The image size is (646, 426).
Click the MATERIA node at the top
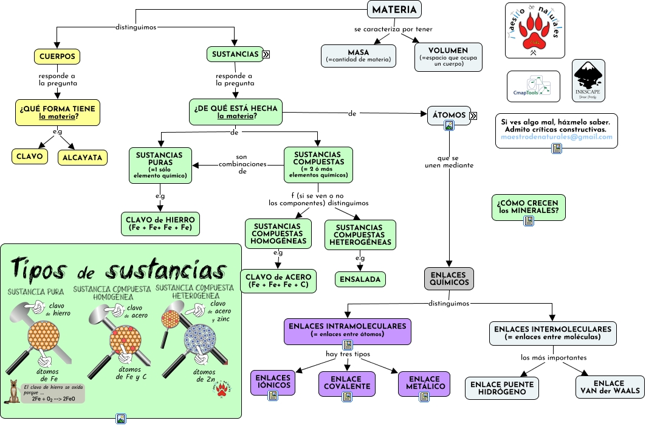(x=394, y=10)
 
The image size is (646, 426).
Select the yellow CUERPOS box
(x=57, y=56)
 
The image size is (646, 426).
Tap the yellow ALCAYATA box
(x=83, y=157)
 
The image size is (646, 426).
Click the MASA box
(x=359, y=55)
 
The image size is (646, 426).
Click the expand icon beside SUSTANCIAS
(x=266, y=54)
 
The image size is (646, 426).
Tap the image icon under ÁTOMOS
(x=449, y=126)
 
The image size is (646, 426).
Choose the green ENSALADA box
(x=360, y=279)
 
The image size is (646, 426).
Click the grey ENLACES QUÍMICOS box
(x=448, y=278)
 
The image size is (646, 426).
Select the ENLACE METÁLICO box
(x=424, y=383)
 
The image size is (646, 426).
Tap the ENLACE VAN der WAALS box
(x=609, y=387)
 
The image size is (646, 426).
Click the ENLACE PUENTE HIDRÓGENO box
(x=502, y=388)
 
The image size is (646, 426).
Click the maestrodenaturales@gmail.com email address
(x=556, y=137)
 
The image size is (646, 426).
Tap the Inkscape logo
(x=588, y=80)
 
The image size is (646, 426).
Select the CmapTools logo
(x=533, y=86)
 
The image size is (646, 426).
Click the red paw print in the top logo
(x=534, y=33)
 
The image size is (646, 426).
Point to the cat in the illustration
(x=12, y=393)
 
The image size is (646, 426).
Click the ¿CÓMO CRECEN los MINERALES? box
(x=528, y=207)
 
